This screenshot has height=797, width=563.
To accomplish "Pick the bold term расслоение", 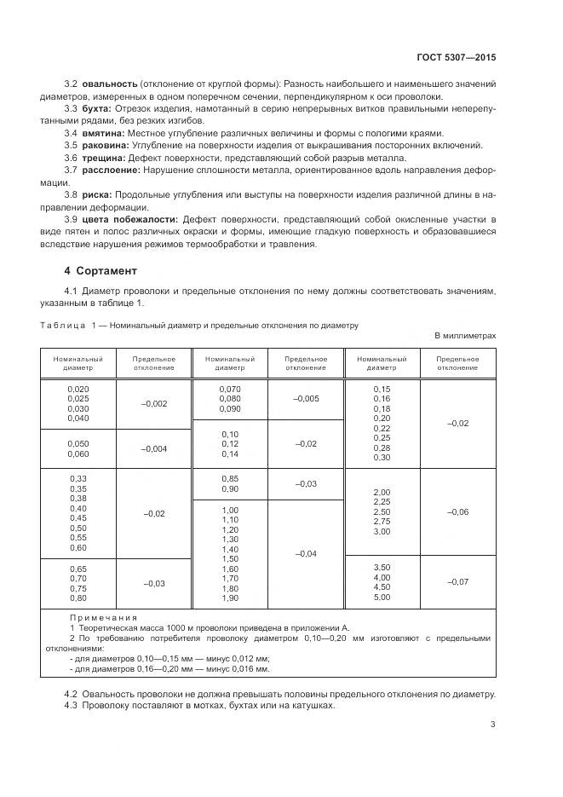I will tap(111, 170).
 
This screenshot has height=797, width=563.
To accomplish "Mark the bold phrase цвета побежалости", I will tap(130, 219).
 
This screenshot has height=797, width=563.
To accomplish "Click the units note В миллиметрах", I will tap(465, 336).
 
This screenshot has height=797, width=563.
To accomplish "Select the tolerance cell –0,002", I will tap(154, 403).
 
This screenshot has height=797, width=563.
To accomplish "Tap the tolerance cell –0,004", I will tap(154, 448).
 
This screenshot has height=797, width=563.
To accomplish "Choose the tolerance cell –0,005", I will tap(306, 398).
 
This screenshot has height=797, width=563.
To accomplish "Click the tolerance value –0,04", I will tap(306, 553).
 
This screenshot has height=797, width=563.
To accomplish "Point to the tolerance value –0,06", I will tap(457, 511).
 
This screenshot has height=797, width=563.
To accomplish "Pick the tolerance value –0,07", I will tap(457, 581).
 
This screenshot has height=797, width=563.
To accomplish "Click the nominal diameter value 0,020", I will tap(78, 388).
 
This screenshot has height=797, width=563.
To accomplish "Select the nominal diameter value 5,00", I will tap(381, 597).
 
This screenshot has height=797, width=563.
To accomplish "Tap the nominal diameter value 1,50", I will tap(230, 558).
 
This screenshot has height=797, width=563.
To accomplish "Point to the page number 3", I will tap(493, 725).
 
